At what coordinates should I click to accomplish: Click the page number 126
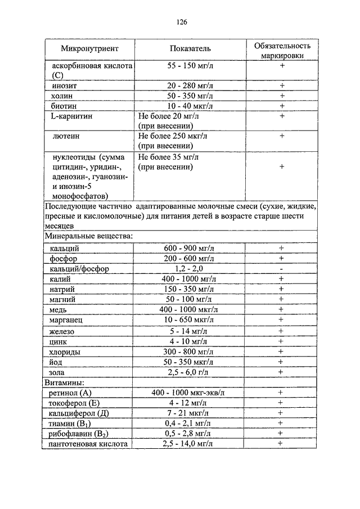pyautogui.click(x=181, y=22)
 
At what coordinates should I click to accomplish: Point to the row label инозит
pyautogui.click(x=62, y=85)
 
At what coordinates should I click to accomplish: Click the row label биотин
pyautogui.click(x=64, y=106)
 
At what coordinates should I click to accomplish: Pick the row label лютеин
pyautogui.click(x=64, y=136)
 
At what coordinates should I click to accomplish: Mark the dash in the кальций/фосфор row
pyautogui.click(x=281, y=268)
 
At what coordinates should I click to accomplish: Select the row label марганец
pyautogui.click(x=66, y=319)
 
